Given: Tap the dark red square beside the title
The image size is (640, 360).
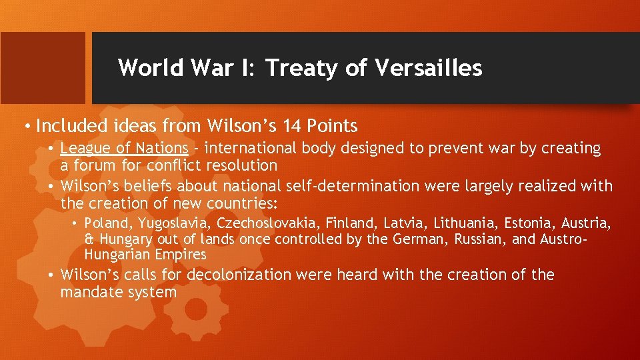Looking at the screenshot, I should pos(43,67).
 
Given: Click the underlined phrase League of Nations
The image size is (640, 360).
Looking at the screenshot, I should pos(125,148).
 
